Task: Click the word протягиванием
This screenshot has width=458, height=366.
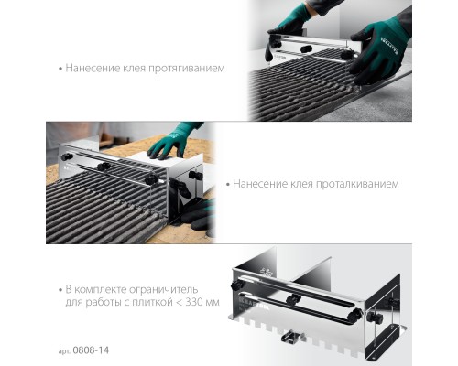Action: click(x=187, y=69)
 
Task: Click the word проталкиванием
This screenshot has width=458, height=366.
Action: click(x=357, y=185)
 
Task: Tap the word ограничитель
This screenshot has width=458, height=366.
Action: click(x=163, y=289)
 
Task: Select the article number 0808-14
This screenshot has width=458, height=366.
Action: click(x=91, y=350)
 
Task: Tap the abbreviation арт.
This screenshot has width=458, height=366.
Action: click(x=64, y=351)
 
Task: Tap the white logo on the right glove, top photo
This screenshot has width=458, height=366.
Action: click(x=389, y=45)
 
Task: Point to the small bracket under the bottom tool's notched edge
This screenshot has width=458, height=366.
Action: click(x=292, y=336)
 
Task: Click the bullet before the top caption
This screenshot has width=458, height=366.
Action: click(x=60, y=69)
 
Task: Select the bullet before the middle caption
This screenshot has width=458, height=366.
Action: click(x=228, y=185)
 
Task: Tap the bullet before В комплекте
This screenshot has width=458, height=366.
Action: click(x=60, y=290)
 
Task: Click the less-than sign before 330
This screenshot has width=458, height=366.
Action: click(x=178, y=303)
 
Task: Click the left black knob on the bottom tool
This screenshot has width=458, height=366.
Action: click(x=237, y=285)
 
